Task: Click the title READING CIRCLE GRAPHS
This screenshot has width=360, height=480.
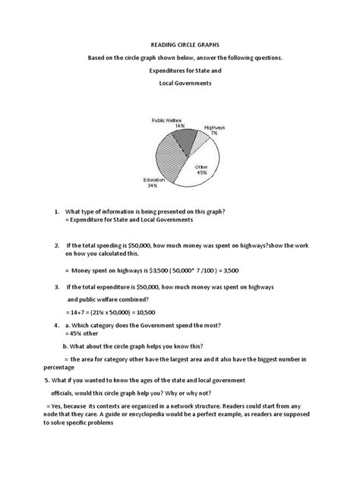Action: tap(180, 45)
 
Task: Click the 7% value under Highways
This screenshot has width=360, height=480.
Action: tap(214, 132)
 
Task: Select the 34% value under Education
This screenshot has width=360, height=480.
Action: tap(151, 185)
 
